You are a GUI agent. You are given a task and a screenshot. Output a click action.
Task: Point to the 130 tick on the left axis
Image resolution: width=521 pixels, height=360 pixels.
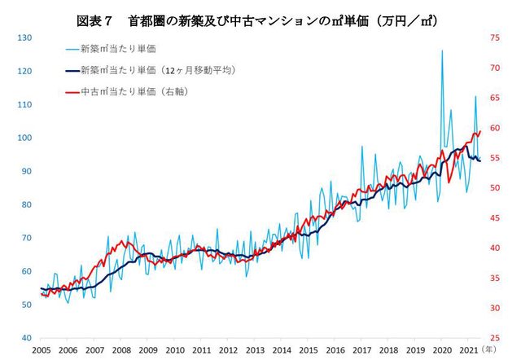coord(24,38)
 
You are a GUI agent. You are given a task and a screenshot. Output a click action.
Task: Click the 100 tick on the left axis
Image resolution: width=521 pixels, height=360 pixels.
coord(24,138)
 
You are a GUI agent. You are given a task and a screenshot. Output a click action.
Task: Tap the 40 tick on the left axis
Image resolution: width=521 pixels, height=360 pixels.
coord(26,337)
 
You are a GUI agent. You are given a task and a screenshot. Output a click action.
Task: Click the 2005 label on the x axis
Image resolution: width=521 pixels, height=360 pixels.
coord(42,349)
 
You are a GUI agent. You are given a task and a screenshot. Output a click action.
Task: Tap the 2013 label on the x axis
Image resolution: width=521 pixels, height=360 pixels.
coord(255,349)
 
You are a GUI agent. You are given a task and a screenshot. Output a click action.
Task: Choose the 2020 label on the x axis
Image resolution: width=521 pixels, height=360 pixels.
coord(442,349)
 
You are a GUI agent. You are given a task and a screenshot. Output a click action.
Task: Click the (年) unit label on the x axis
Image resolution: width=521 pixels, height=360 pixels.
coord(488,349)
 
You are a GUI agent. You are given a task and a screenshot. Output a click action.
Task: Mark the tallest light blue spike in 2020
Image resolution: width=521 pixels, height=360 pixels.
coord(442,50)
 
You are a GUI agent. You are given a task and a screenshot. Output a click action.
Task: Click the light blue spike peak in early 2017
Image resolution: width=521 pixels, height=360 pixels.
coord(362,147)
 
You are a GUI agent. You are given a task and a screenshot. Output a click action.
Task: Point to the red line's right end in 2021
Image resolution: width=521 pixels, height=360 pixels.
coord(480,131)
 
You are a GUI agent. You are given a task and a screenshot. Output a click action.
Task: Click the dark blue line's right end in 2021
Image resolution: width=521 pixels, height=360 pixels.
coord(480,160)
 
